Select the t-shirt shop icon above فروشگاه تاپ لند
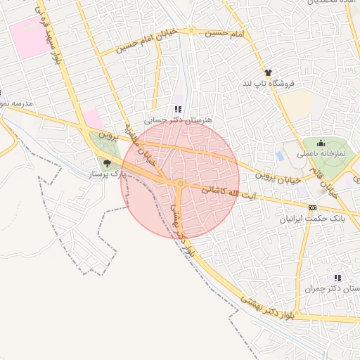tap(267, 72)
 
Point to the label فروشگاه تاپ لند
tap(267, 83)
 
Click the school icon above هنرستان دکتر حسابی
tap(177, 109)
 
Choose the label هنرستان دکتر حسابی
tap(177, 120)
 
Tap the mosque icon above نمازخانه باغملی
tap(321, 143)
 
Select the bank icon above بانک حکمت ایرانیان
tap(312, 208)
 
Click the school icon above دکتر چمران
tap(337, 278)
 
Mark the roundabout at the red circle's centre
tap(181, 184)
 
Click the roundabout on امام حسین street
tap(191, 31)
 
